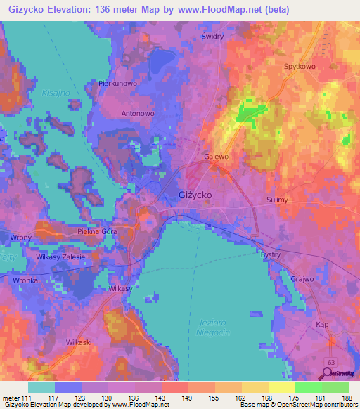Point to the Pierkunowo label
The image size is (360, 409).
point(116,83)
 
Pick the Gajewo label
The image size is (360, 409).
point(216,156)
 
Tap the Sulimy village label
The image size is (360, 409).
point(278,200)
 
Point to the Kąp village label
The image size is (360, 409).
point(323,324)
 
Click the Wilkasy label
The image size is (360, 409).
point(120,289)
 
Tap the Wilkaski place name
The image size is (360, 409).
point(79,342)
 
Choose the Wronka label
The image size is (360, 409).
point(25,279)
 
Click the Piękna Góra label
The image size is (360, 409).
point(96,231)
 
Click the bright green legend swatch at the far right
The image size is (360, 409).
point(335,387)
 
